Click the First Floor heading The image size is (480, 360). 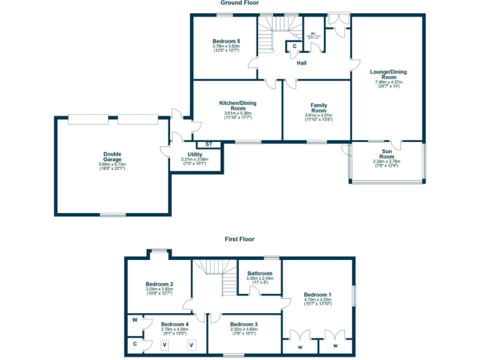point(239,239)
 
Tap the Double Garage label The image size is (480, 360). point(112,157)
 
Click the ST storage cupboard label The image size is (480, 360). point(209,144)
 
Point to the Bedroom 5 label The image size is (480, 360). point(226,41)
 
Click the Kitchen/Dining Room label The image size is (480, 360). point(237,106)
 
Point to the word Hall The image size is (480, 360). point(301,63)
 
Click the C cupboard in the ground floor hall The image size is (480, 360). point(294,46)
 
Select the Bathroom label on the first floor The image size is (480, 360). point(259,274)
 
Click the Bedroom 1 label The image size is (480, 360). point(317,294)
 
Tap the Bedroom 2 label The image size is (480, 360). point(159,284)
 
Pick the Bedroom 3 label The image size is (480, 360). point(243,324)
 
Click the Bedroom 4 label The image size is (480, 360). point(174,324)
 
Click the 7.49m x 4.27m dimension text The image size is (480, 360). point(389,82)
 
